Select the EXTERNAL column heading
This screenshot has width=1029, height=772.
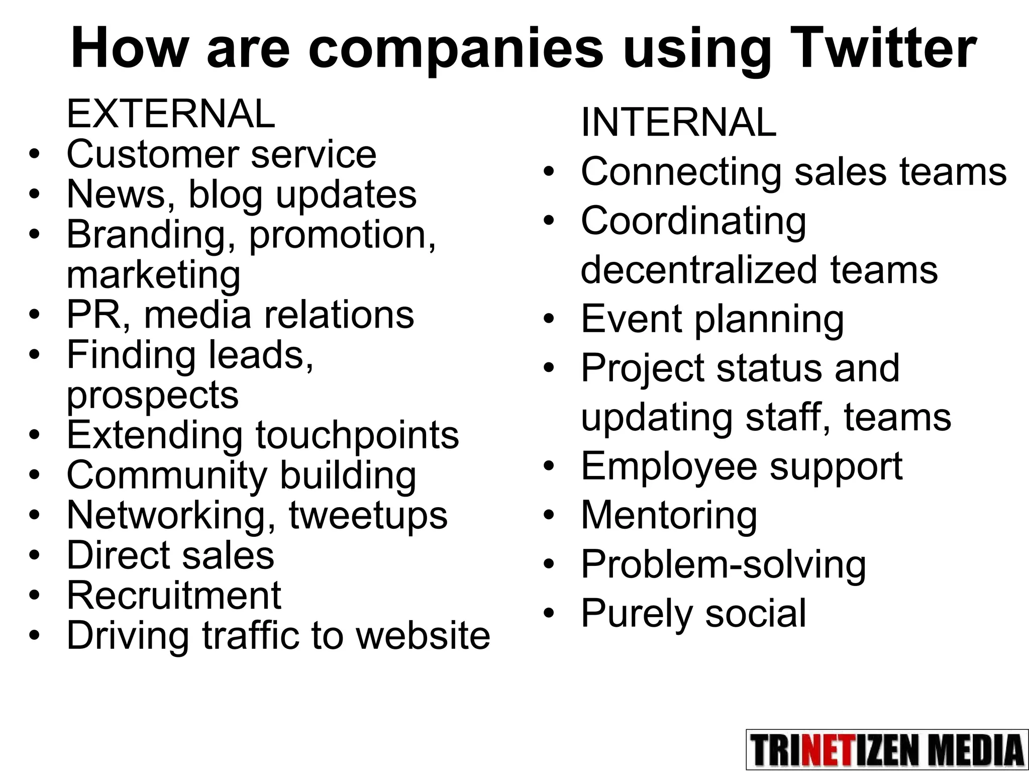171,114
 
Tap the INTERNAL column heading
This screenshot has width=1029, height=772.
678,122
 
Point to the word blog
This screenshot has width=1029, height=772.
225,195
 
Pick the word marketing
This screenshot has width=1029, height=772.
153,275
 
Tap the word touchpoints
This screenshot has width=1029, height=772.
357,435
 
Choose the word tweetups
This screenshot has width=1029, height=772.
368,516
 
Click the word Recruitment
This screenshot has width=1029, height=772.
173,596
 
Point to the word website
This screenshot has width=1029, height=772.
423,636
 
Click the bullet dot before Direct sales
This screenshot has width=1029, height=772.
34,555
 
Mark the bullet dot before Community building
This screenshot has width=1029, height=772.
34,475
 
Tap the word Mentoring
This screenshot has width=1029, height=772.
669,516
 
